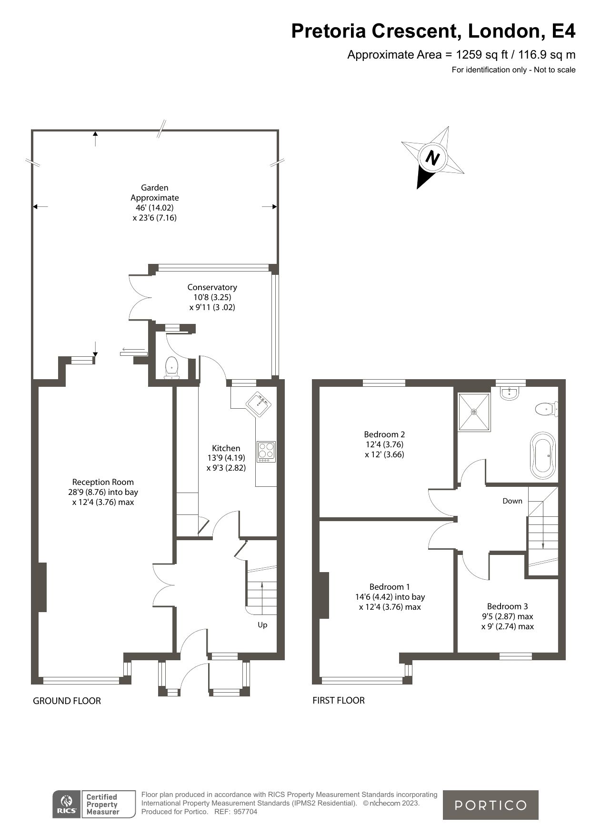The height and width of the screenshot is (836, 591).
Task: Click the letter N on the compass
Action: click(x=432, y=158)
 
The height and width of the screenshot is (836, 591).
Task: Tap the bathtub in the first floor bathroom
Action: click(x=543, y=456)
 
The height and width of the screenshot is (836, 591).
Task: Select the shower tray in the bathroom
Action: click(x=474, y=412)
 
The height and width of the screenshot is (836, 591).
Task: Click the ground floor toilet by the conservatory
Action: click(x=171, y=369)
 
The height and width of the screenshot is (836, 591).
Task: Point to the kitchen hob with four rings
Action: click(x=267, y=452)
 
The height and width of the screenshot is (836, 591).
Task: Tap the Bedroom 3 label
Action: click(x=507, y=606)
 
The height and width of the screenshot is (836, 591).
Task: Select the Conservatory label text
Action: click(x=212, y=287)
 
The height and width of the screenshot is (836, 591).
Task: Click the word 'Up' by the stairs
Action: click(x=262, y=625)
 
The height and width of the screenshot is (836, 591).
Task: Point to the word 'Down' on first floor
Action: click(x=512, y=501)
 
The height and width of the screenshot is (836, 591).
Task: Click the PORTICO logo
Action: click(x=491, y=805)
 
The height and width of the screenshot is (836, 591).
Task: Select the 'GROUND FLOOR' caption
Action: click(x=67, y=701)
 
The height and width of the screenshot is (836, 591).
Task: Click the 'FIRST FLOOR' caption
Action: click(x=339, y=700)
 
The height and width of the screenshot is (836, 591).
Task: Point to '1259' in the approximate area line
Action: click(x=469, y=54)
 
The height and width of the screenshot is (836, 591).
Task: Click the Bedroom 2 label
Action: click(x=384, y=434)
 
